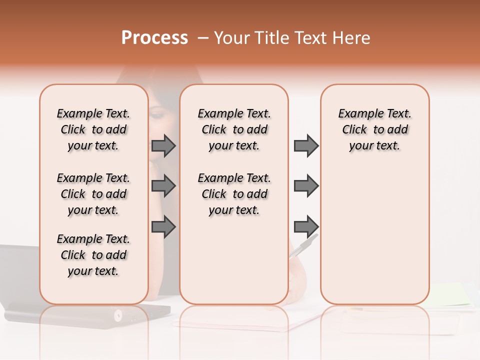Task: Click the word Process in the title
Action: coord(154,38)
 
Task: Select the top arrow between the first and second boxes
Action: coord(163,146)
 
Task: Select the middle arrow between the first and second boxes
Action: coord(163,186)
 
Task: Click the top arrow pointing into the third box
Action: coord(306,146)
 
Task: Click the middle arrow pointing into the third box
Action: coord(306,186)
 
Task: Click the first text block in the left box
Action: coord(93,129)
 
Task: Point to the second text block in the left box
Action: coord(93,194)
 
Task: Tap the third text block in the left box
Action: coord(93,255)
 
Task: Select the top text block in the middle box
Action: coord(234,129)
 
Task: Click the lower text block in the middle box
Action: coord(234,194)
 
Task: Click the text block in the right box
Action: coord(375,129)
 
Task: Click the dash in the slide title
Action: coord(203,38)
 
